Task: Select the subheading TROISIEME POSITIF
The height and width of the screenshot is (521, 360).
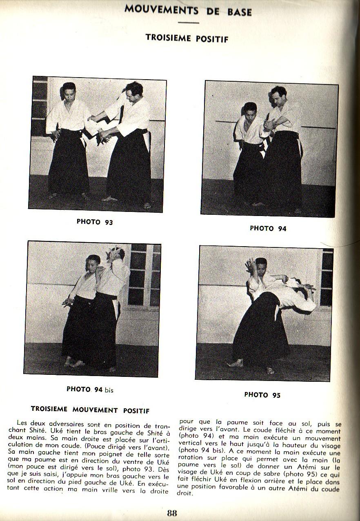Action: (187, 38)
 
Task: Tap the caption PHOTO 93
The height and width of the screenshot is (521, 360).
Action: (95, 222)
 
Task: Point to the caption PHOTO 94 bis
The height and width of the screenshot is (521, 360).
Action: (90, 390)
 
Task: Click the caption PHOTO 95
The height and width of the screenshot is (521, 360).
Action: (262, 395)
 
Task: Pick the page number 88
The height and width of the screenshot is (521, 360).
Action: (172, 513)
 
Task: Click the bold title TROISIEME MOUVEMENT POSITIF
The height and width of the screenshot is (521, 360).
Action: (90, 410)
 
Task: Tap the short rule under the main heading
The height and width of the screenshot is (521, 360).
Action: (188, 23)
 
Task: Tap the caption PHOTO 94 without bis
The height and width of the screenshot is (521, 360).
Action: (268, 229)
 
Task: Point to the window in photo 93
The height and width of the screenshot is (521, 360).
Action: (40, 106)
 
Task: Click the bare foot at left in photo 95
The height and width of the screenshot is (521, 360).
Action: (236, 363)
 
